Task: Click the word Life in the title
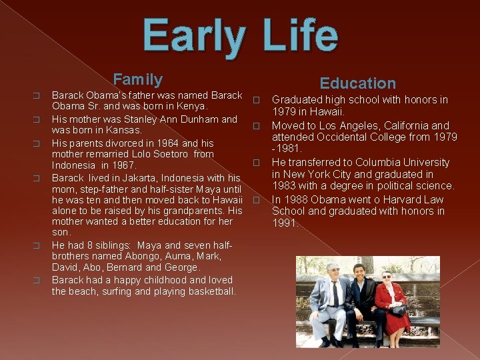point(300,37)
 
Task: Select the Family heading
point(137,80)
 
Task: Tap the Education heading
point(357,83)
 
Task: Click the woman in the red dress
point(392,303)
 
